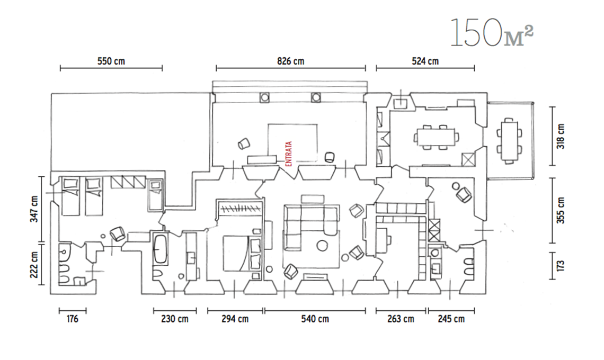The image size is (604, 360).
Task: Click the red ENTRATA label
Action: pyautogui.click(x=289, y=154)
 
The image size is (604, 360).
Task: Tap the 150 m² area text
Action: pyautogui.click(x=492, y=33)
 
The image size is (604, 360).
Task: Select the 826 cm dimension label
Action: pyautogui.click(x=290, y=61)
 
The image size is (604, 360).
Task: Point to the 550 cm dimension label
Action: pyautogui.click(x=111, y=61)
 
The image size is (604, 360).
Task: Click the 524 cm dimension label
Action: pyautogui.click(x=425, y=61)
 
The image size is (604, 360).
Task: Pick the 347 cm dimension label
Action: pyautogui.click(x=34, y=209)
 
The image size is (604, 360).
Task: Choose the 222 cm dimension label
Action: pyautogui.click(x=34, y=265)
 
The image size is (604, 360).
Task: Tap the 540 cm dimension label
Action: pyautogui.click(x=315, y=319)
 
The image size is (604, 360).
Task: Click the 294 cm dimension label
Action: pyautogui.click(x=235, y=319)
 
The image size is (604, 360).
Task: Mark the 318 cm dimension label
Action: pyautogui.click(x=561, y=136)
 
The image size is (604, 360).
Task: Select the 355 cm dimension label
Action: pyautogui.click(x=561, y=210)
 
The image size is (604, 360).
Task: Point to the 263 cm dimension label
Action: pyautogui.click(x=401, y=319)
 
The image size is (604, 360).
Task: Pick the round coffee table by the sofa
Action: pyautogui.click(x=321, y=245)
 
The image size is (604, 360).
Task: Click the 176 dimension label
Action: pyautogui.click(x=73, y=319)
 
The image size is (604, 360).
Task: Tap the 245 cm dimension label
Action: pyautogui.click(x=451, y=319)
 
